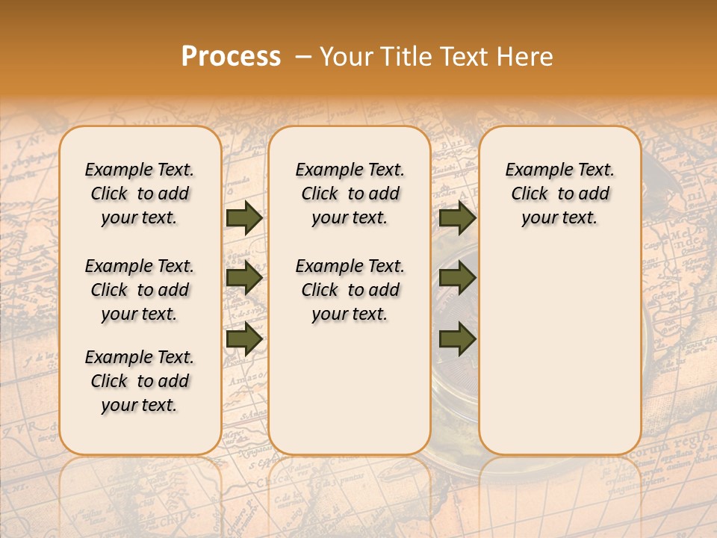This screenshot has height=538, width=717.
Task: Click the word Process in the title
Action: click(x=231, y=57)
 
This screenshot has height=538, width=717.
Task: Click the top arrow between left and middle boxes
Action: click(x=244, y=218)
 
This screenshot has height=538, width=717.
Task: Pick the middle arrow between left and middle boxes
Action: click(x=244, y=279)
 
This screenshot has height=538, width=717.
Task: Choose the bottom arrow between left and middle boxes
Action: click(x=244, y=339)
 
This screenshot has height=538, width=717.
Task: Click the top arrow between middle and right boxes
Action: click(x=457, y=218)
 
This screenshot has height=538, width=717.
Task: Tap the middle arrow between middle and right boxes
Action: click(x=457, y=279)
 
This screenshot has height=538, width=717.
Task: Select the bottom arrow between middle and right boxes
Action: click(x=457, y=339)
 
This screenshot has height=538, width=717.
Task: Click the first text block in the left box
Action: click(x=140, y=194)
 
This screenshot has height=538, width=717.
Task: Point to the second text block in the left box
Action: click(x=140, y=290)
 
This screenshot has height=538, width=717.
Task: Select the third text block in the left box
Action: click(x=140, y=381)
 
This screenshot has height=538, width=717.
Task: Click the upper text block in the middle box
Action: click(x=350, y=194)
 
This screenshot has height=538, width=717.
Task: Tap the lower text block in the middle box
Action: click(x=350, y=290)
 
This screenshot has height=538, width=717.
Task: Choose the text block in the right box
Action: click(x=560, y=194)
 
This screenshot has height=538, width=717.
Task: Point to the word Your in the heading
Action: click(x=343, y=57)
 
